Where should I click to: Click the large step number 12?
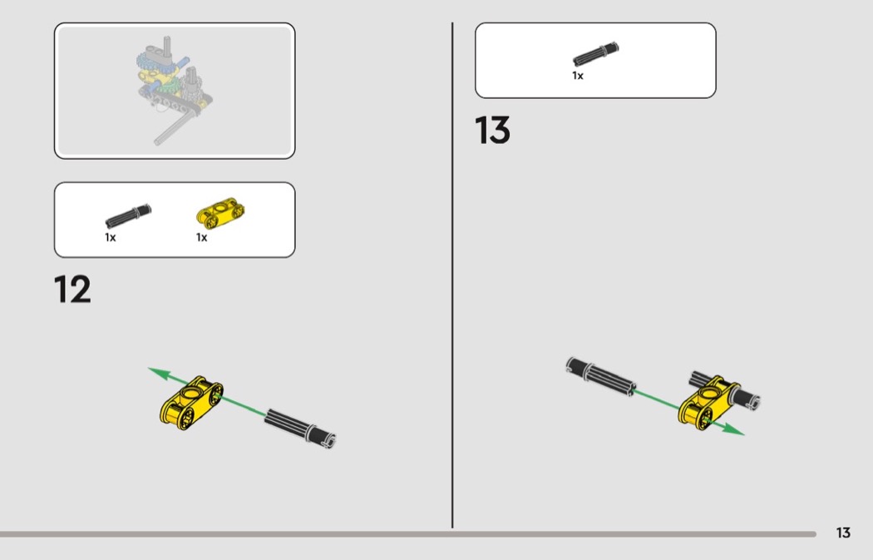click(x=72, y=290)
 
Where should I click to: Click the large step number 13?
click(x=492, y=131)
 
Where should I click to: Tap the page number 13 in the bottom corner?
click(x=843, y=533)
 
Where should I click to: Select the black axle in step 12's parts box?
click(x=128, y=216)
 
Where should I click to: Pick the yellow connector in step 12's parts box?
click(x=220, y=213)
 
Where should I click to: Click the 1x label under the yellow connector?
click(x=201, y=237)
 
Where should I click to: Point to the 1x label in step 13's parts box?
click(x=578, y=76)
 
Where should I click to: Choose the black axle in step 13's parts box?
click(x=596, y=54)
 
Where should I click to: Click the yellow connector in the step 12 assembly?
click(x=191, y=403)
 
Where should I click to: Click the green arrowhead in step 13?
click(x=734, y=429)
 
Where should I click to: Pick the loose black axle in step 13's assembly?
click(x=601, y=376)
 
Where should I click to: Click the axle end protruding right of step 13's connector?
click(x=748, y=397)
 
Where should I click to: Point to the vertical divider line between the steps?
click(x=452, y=275)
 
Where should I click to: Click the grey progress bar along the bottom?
click(x=408, y=534)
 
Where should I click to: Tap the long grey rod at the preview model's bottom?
click(x=175, y=127)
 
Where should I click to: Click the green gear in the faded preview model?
click(x=168, y=85)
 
